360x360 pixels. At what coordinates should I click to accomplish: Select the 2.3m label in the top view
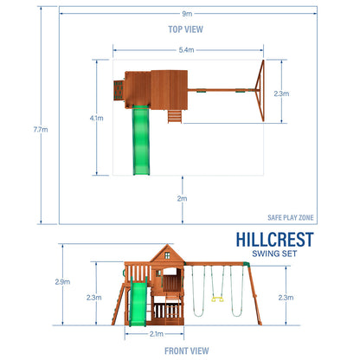[281, 93]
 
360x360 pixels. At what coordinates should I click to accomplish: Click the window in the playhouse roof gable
[165, 254]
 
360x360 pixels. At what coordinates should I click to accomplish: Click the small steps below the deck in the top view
[177, 117]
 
